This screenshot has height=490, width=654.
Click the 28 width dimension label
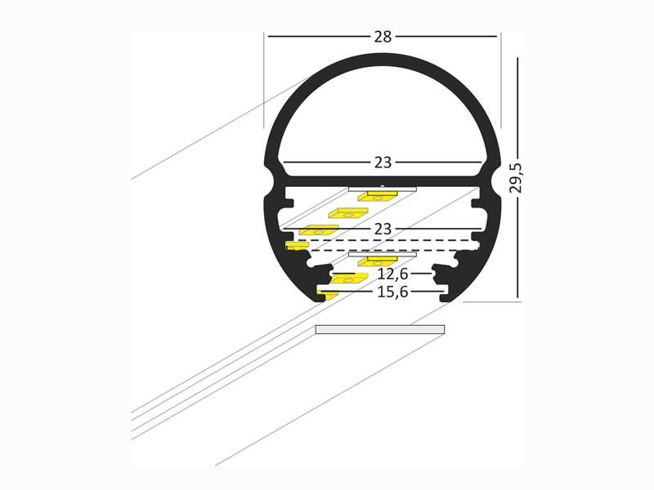(x=383, y=37)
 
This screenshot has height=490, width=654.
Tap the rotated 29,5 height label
(x=516, y=178)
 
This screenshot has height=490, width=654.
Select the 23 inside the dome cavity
(x=383, y=163)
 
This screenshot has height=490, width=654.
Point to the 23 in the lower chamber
(x=383, y=229)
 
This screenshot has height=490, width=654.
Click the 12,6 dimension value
(x=392, y=274)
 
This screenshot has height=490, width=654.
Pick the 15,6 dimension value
(x=392, y=292)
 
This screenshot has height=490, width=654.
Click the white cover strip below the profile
(x=380, y=330)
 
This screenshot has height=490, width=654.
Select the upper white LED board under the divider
(x=383, y=189)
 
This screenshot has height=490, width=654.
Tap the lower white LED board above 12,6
(x=383, y=254)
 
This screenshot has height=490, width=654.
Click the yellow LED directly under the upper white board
(x=378, y=196)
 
